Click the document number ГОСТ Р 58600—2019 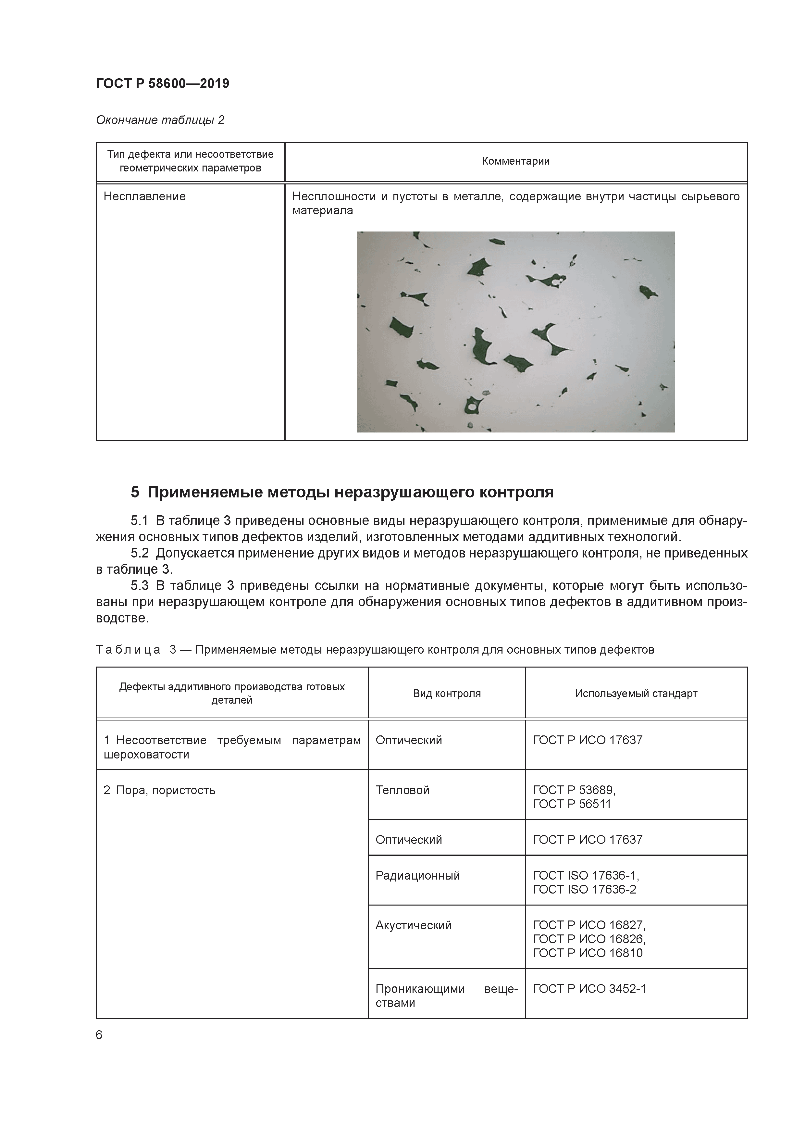[162, 83]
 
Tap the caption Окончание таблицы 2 [160, 120]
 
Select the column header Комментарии [515, 161]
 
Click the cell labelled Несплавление [144, 196]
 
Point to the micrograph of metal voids [515, 332]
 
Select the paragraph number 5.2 [139, 553]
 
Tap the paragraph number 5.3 [139, 586]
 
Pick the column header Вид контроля [446, 694]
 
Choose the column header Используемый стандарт [636, 694]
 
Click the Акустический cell [413, 925]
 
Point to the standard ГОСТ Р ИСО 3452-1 [589, 989]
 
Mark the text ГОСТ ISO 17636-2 [584, 889]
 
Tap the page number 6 [99, 1035]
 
